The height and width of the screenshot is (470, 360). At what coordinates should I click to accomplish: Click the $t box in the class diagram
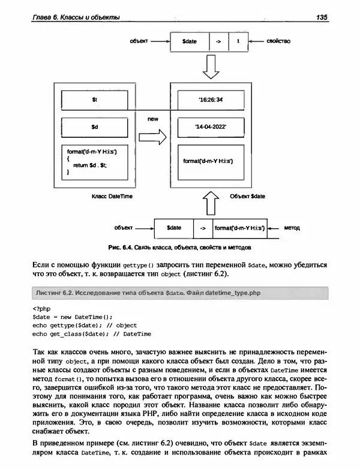[95, 100]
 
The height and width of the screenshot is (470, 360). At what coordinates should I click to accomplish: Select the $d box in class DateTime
[95, 128]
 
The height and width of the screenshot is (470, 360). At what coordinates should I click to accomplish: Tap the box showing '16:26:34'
[211, 100]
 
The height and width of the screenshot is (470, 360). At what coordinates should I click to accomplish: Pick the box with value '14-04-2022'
[211, 128]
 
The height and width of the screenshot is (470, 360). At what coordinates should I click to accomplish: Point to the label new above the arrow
[152, 119]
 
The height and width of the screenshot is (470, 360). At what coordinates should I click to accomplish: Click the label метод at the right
[292, 228]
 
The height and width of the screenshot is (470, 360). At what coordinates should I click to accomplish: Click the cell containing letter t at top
[238, 42]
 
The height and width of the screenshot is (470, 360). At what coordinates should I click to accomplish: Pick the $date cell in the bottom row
[174, 228]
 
